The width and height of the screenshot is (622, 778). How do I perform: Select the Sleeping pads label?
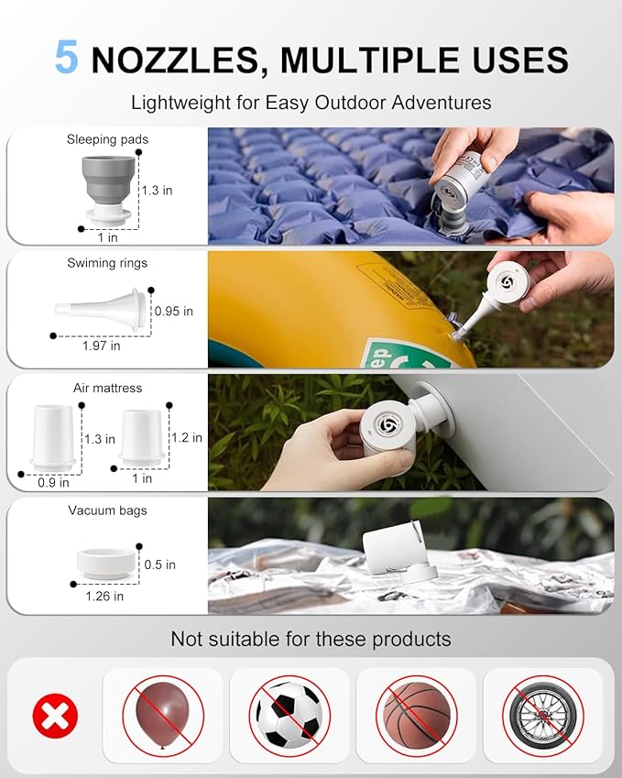click(x=107, y=139)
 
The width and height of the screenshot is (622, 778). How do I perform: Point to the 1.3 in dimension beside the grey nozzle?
click(x=158, y=190)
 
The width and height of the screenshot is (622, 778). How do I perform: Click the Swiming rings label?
click(x=107, y=263)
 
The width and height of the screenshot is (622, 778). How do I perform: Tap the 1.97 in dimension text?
click(x=101, y=345)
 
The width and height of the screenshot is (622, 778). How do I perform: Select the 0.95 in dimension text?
click(x=174, y=311)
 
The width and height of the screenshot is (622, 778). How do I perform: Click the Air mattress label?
click(x=107, y=388)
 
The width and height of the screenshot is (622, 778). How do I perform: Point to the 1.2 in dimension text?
click(x=185, y=437)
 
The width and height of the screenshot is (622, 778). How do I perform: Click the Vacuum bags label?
click(x=107, y=510)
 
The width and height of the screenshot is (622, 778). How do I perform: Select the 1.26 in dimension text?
click(x=104, y=596)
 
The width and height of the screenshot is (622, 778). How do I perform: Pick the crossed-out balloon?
click(x=163, y=716)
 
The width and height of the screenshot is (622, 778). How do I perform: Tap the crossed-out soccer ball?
click(x=289, y=716)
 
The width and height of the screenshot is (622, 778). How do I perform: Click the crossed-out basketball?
click(x=416, y=716)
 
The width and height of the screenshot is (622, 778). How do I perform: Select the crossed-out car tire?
click(x=542, y=716)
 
